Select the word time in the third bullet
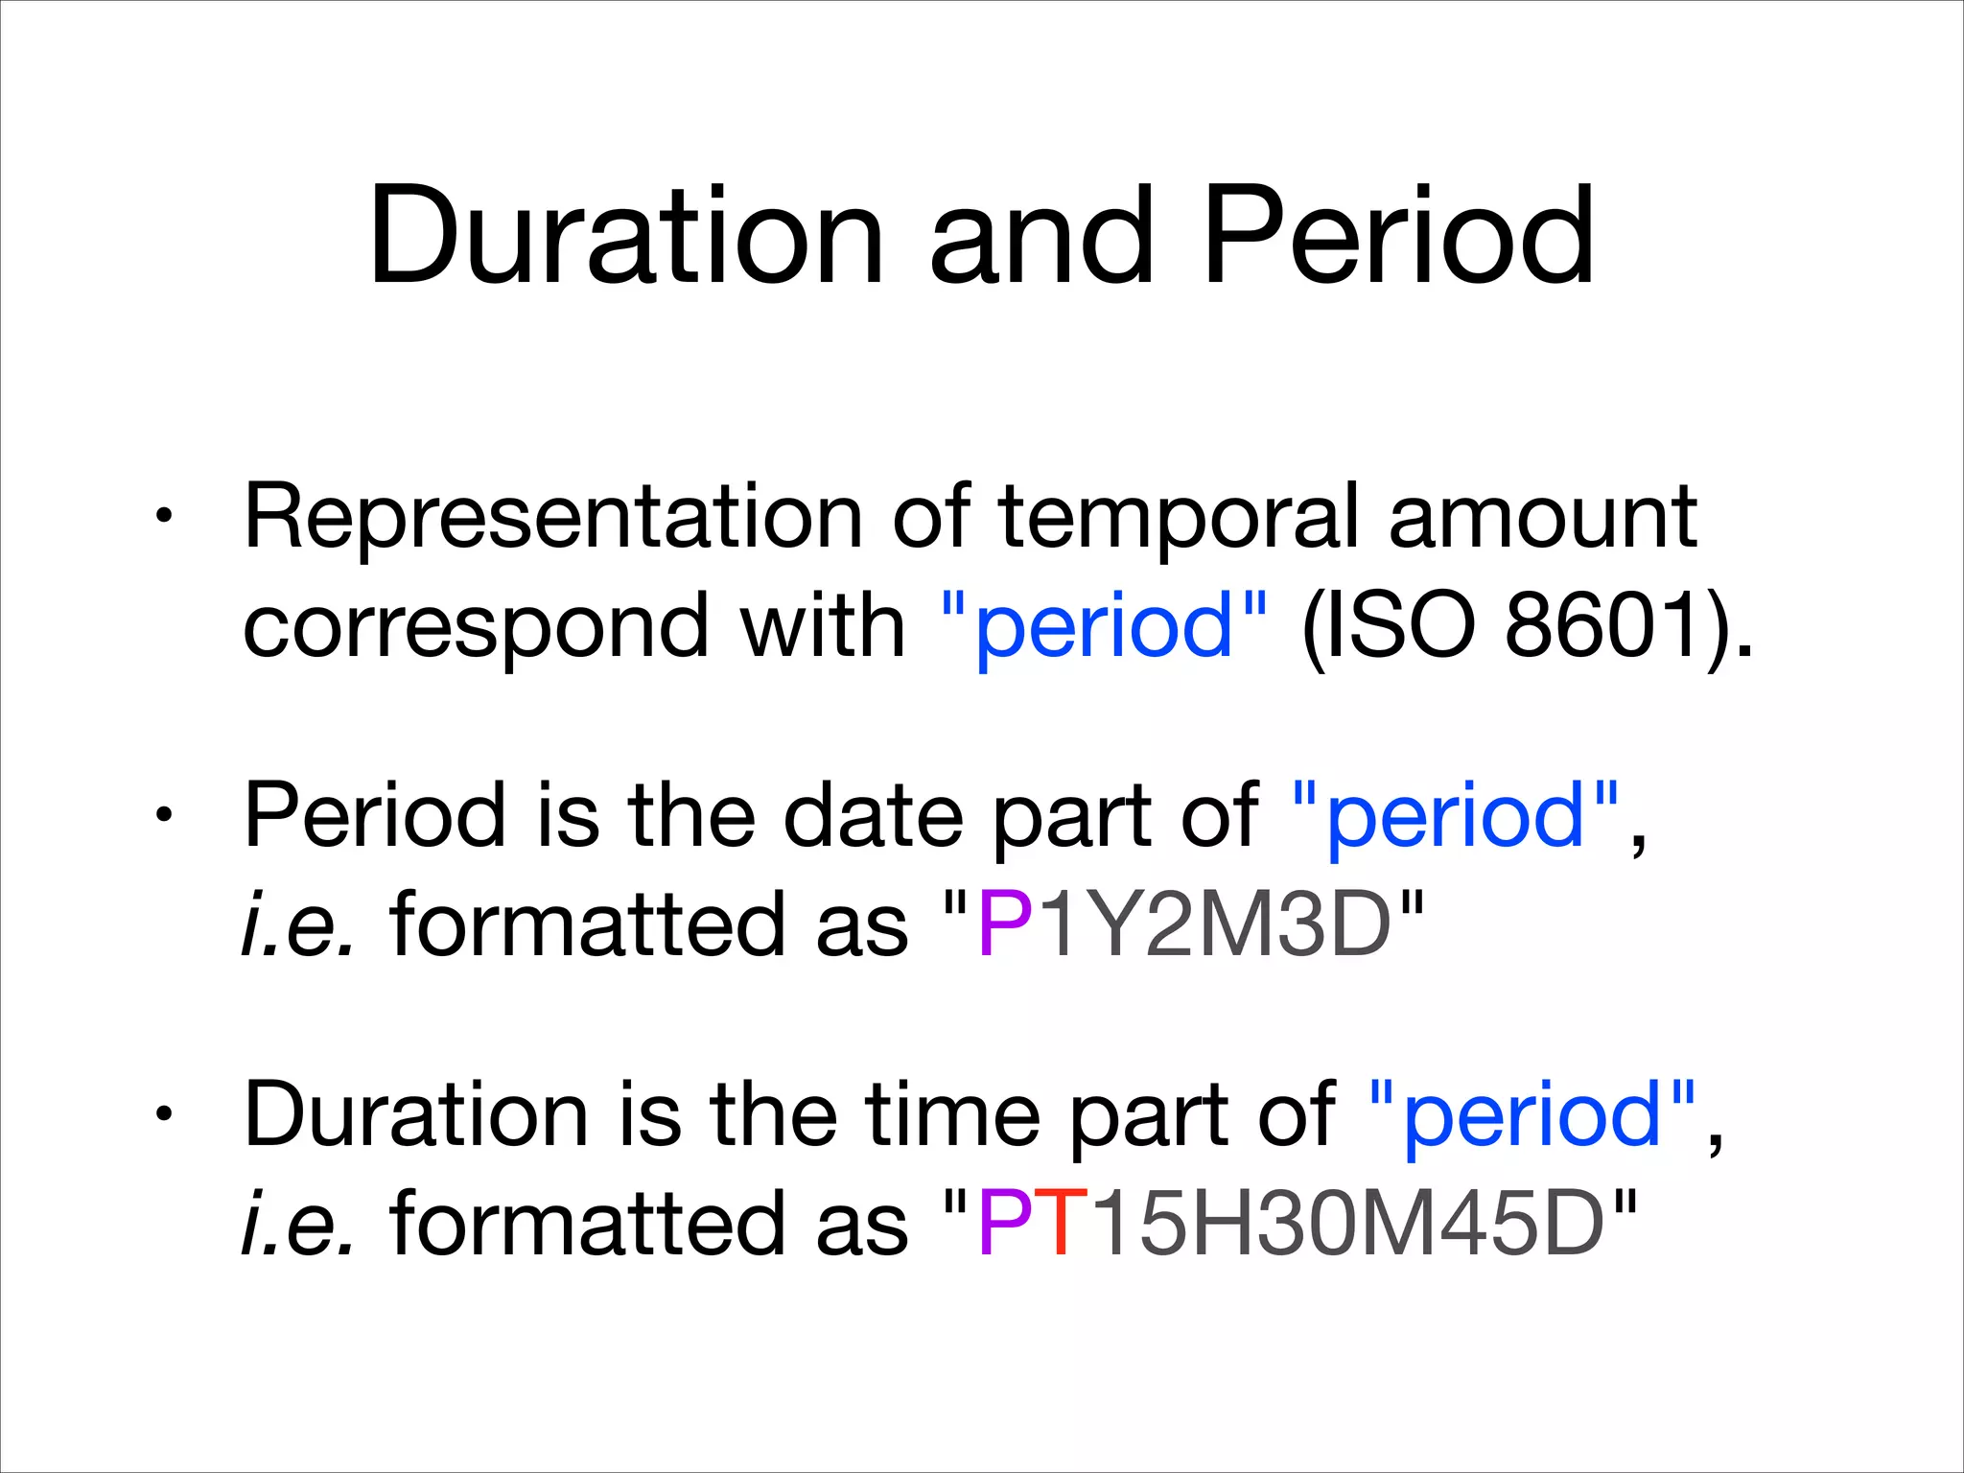(952, 1115)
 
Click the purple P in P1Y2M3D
(1003, 925)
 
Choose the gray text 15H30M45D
(1347, 1225)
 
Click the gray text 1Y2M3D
(1213, 925)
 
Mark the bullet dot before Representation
(165, 518)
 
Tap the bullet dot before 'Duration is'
(165, 1115)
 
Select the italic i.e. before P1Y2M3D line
(298, 925)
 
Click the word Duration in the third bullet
(415, 1115)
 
